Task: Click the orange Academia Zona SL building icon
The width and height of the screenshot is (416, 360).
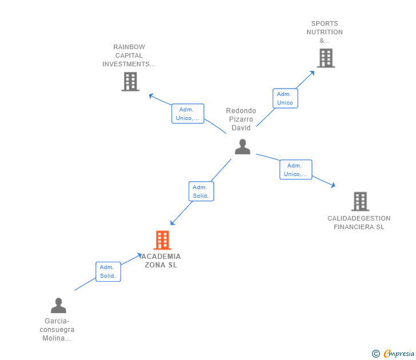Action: coord(162,240)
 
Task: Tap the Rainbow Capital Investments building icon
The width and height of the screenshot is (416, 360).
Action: coord(130,82)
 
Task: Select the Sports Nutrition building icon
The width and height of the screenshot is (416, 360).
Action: coord(325,58)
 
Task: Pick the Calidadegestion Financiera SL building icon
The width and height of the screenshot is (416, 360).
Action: coord(359,201)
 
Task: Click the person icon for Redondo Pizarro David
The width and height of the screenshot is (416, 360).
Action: coord(242,147)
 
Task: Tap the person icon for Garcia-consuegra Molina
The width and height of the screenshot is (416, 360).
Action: coord(58,306)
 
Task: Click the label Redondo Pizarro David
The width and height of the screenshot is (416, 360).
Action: coord(241,119)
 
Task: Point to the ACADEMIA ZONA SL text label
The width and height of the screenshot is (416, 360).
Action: coord(161,261)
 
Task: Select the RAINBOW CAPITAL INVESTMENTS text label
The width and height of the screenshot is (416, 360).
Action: coord(129,55)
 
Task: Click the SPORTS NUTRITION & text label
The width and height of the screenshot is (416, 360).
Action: coord(325,32)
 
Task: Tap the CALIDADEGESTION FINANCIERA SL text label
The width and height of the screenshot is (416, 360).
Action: coord(359,222)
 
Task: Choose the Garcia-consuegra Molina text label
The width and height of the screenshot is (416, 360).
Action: coord(57,330)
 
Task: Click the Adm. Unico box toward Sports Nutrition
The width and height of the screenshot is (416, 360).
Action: coord(285,98)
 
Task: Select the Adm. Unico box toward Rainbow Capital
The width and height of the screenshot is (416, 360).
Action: coord(187,114)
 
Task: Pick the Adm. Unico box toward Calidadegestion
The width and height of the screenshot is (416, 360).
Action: coord(295,170)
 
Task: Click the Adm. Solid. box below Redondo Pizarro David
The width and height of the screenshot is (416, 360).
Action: coord(201,191)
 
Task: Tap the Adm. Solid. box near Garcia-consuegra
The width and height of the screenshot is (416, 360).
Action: coord(108,271)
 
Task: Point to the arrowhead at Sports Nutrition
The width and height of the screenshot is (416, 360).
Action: coord(313,72)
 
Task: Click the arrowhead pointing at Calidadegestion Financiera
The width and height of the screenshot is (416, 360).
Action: coord(333,185)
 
